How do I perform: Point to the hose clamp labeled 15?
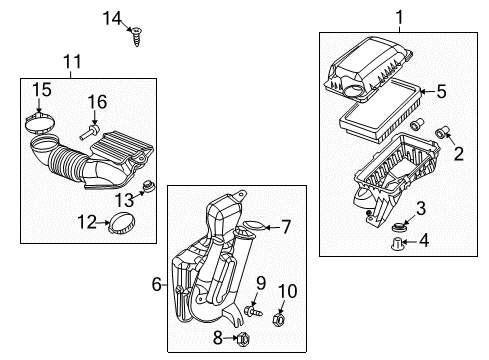pyautogui.click(x=39, y=127)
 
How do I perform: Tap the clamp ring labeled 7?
pyautogui.click(x=253, y=226)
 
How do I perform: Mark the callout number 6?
pyautogui.click(x=157, y=284)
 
